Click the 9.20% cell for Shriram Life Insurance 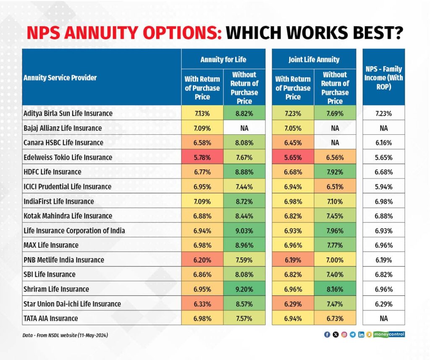click(x=244, y=289)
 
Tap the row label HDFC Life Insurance click(x=52, y=172)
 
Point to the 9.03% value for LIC click(x=244, y=231)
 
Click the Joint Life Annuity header click(x=314, y=59)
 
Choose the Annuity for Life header click(x=223, y=59)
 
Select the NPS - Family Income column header click(x=383, y=78)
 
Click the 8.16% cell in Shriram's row click(x=335, y=289)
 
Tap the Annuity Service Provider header click(x=60, y=78)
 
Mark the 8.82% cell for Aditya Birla click(x=244, y=113)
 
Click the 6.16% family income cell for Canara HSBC click(x=383, y=142)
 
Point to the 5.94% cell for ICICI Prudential click(x=383, y=187)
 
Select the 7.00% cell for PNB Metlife click(x=335, y=260)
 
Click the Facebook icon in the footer click(x=327, y=335)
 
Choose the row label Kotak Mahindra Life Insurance click(x=68, y=216)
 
